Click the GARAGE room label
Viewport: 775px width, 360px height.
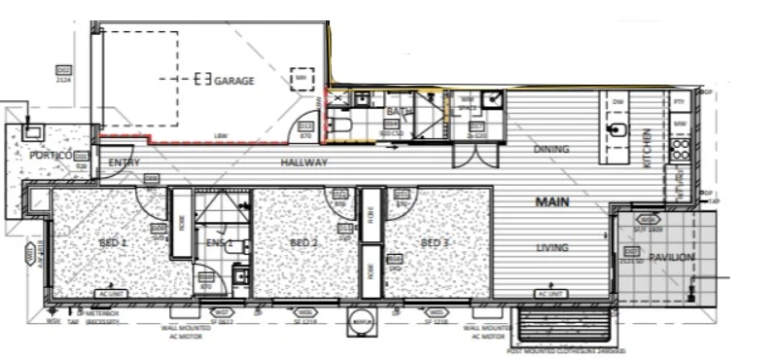click(x=233, y=81)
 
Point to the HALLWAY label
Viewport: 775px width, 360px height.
click(x=303, y=162)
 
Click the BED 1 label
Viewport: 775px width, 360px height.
click(x=113, y=242)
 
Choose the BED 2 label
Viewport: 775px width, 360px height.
click(x=304, y=242)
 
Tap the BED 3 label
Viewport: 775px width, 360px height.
click(x=434, y=242)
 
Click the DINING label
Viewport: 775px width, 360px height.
click(x=550, y=149)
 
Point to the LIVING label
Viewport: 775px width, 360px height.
click(x=551, y=248)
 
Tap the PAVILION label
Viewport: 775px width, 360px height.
click(x=673, y=257)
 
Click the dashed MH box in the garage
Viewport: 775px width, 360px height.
click(x=301, y=77)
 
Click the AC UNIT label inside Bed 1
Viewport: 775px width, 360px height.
click(x=109, y=293)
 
